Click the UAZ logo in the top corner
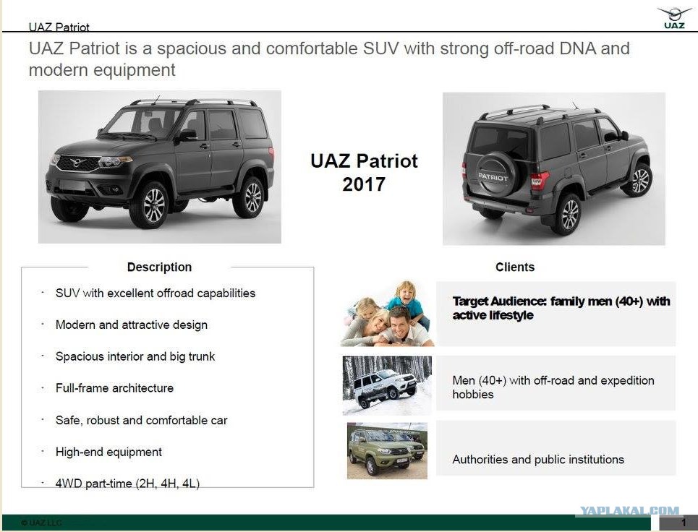point(674,18)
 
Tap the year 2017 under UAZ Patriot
point(364,184)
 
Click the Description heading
point(159,267)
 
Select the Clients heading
point(515,267)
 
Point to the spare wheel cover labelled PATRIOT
point(493,174)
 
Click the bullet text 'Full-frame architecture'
point(114,388)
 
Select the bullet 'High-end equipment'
point(108,452)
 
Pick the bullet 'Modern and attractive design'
point(132,325)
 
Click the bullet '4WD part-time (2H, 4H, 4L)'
point(127,484)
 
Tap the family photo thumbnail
point(387,313)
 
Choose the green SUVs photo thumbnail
point(387,450)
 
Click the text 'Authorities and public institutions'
point(538,460)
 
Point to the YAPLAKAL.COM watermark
point(629,510)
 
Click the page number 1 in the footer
point(684,523)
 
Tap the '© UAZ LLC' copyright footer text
point(41,523)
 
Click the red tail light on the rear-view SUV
point(539,180)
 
